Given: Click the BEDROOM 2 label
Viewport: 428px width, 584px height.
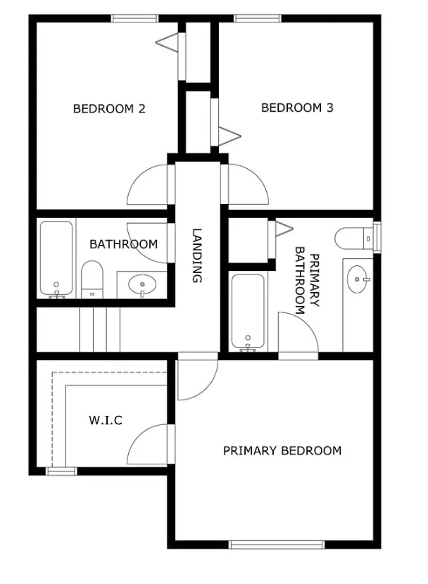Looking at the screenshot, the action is (x=109, y=109).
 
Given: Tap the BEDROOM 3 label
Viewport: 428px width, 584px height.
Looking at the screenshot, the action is (x=297, y=108).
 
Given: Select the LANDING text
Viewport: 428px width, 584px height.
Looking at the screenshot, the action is (x=196, y=255).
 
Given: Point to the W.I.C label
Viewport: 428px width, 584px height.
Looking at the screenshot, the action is (x=106, y=420).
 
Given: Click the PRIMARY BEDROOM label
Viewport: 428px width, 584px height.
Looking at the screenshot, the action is (x=282, y=450).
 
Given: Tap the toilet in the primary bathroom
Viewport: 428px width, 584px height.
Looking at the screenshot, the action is (x=354, y=238).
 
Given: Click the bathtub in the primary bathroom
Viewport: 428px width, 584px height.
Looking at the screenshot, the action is (x=248, y=312).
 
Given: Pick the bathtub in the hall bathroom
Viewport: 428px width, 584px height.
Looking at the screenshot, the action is (x=56, y=259).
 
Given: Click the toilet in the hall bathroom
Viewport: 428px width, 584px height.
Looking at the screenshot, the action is (x=92, y=279).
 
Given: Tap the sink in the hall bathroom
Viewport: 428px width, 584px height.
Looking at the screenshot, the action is (x=142, y=285).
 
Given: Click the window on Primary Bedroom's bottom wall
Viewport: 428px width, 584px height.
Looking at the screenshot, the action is (x=277, y=545).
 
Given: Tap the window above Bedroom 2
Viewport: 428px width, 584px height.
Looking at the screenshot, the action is (x=134, y=18).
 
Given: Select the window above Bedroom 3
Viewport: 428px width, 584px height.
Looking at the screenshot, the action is (x=258, y=18).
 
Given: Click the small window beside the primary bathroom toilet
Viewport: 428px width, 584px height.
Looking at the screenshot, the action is (x=377, y=237).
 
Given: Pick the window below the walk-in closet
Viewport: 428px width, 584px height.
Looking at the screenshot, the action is (x=61, y=471).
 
